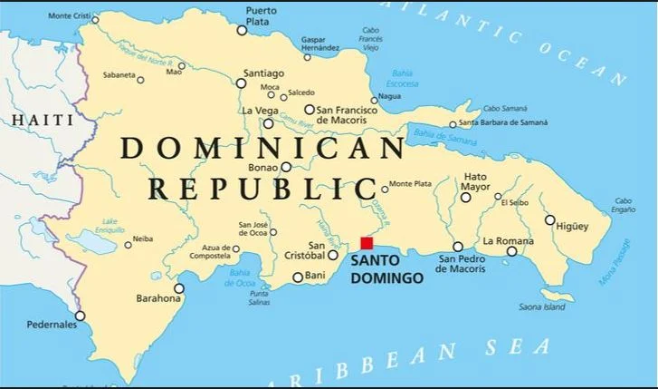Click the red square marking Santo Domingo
367,243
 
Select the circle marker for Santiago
242,83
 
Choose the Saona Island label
543,307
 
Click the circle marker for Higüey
549,219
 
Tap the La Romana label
508,240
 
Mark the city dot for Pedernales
80,316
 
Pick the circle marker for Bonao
286,167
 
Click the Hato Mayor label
475,182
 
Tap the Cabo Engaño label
624,205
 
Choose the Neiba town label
143,239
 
